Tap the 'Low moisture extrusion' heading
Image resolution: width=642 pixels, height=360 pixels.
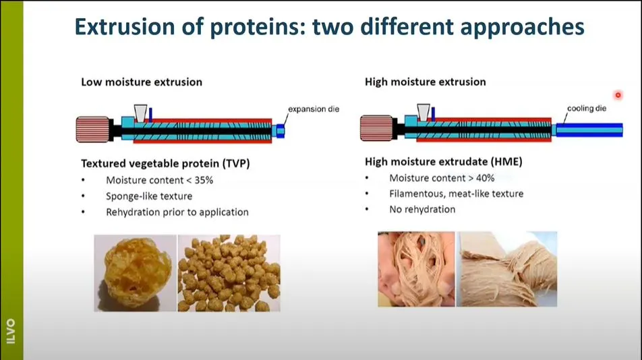(x=142, y=82)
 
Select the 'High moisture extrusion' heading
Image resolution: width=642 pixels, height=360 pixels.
(x=426, y=82)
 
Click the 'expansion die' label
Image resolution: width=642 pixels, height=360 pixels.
(x=314, y=109)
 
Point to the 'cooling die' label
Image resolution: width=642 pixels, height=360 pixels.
(x=587, y=109)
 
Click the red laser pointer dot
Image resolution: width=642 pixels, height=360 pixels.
(x=618, y=95)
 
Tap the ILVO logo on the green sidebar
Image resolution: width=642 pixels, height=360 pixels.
(x=11, y=332)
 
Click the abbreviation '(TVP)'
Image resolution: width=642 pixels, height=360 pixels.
(x=236, y=164)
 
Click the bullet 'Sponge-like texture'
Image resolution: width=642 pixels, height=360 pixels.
(x=149, y=196)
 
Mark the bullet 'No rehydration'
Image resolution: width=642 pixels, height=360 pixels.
(x=422, y=210)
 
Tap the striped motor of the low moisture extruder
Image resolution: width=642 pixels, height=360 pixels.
(x=93, y=129)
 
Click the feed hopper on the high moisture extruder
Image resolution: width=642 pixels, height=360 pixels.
(x=424, y=113)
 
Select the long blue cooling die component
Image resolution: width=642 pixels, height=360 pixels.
(x=589, y=130)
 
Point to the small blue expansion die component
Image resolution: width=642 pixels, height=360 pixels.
(x=281, y=131)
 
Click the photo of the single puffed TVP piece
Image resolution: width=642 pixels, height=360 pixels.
(x=136, y=273)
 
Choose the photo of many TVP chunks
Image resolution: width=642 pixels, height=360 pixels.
(x=229, y=273)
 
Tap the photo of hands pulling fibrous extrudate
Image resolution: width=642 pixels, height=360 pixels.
(x=416, y=269)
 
